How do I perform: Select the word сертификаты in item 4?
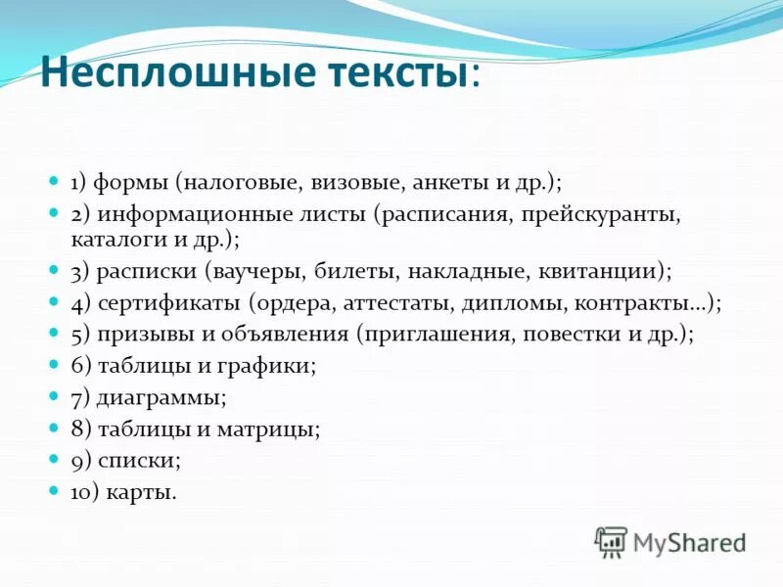tap(165, 303)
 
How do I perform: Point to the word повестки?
tap(576, 335)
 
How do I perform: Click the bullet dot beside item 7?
tap(55, 396)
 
